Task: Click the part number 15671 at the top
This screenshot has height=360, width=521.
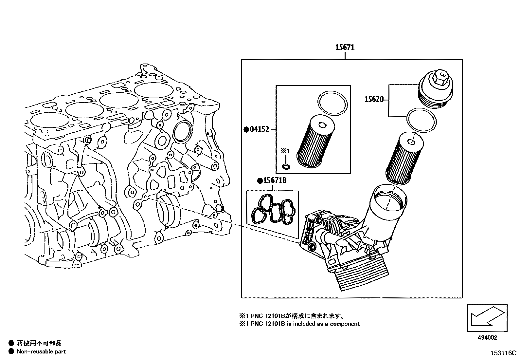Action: (345, 47)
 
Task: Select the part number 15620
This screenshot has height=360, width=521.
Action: (374, 99)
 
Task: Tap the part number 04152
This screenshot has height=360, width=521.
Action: (259, 129)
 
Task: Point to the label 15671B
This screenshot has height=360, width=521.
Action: (275, 180)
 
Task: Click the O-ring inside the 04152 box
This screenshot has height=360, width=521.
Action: (332, 103)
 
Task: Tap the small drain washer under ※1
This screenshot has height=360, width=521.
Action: (285, 167)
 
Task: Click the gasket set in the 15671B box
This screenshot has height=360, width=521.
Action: (273, 211)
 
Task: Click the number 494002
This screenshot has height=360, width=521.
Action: (487, 338)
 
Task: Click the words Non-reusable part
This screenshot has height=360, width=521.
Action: (41, 351)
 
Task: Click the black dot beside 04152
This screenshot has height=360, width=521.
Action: (246, 130)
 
